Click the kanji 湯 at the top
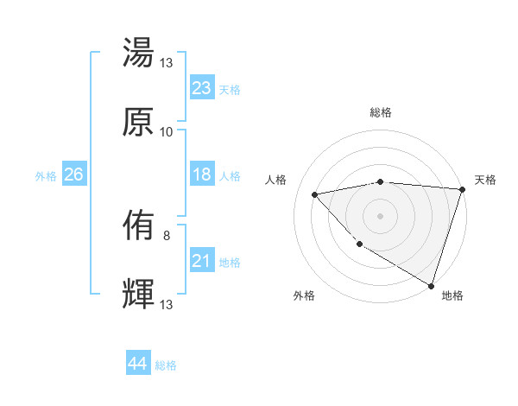139,53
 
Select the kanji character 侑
139,227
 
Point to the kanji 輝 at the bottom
139,295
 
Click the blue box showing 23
202,88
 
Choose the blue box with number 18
202,175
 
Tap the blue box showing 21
202,261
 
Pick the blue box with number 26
73,175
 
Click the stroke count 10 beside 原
167,132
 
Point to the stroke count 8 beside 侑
167,235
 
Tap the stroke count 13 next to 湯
167,62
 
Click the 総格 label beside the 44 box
167,365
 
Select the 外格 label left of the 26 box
46,176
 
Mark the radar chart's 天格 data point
462,189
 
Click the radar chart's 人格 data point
315,194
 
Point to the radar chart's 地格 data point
431,284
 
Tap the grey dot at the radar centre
380,215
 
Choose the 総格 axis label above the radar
381,113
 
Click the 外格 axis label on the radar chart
304,295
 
